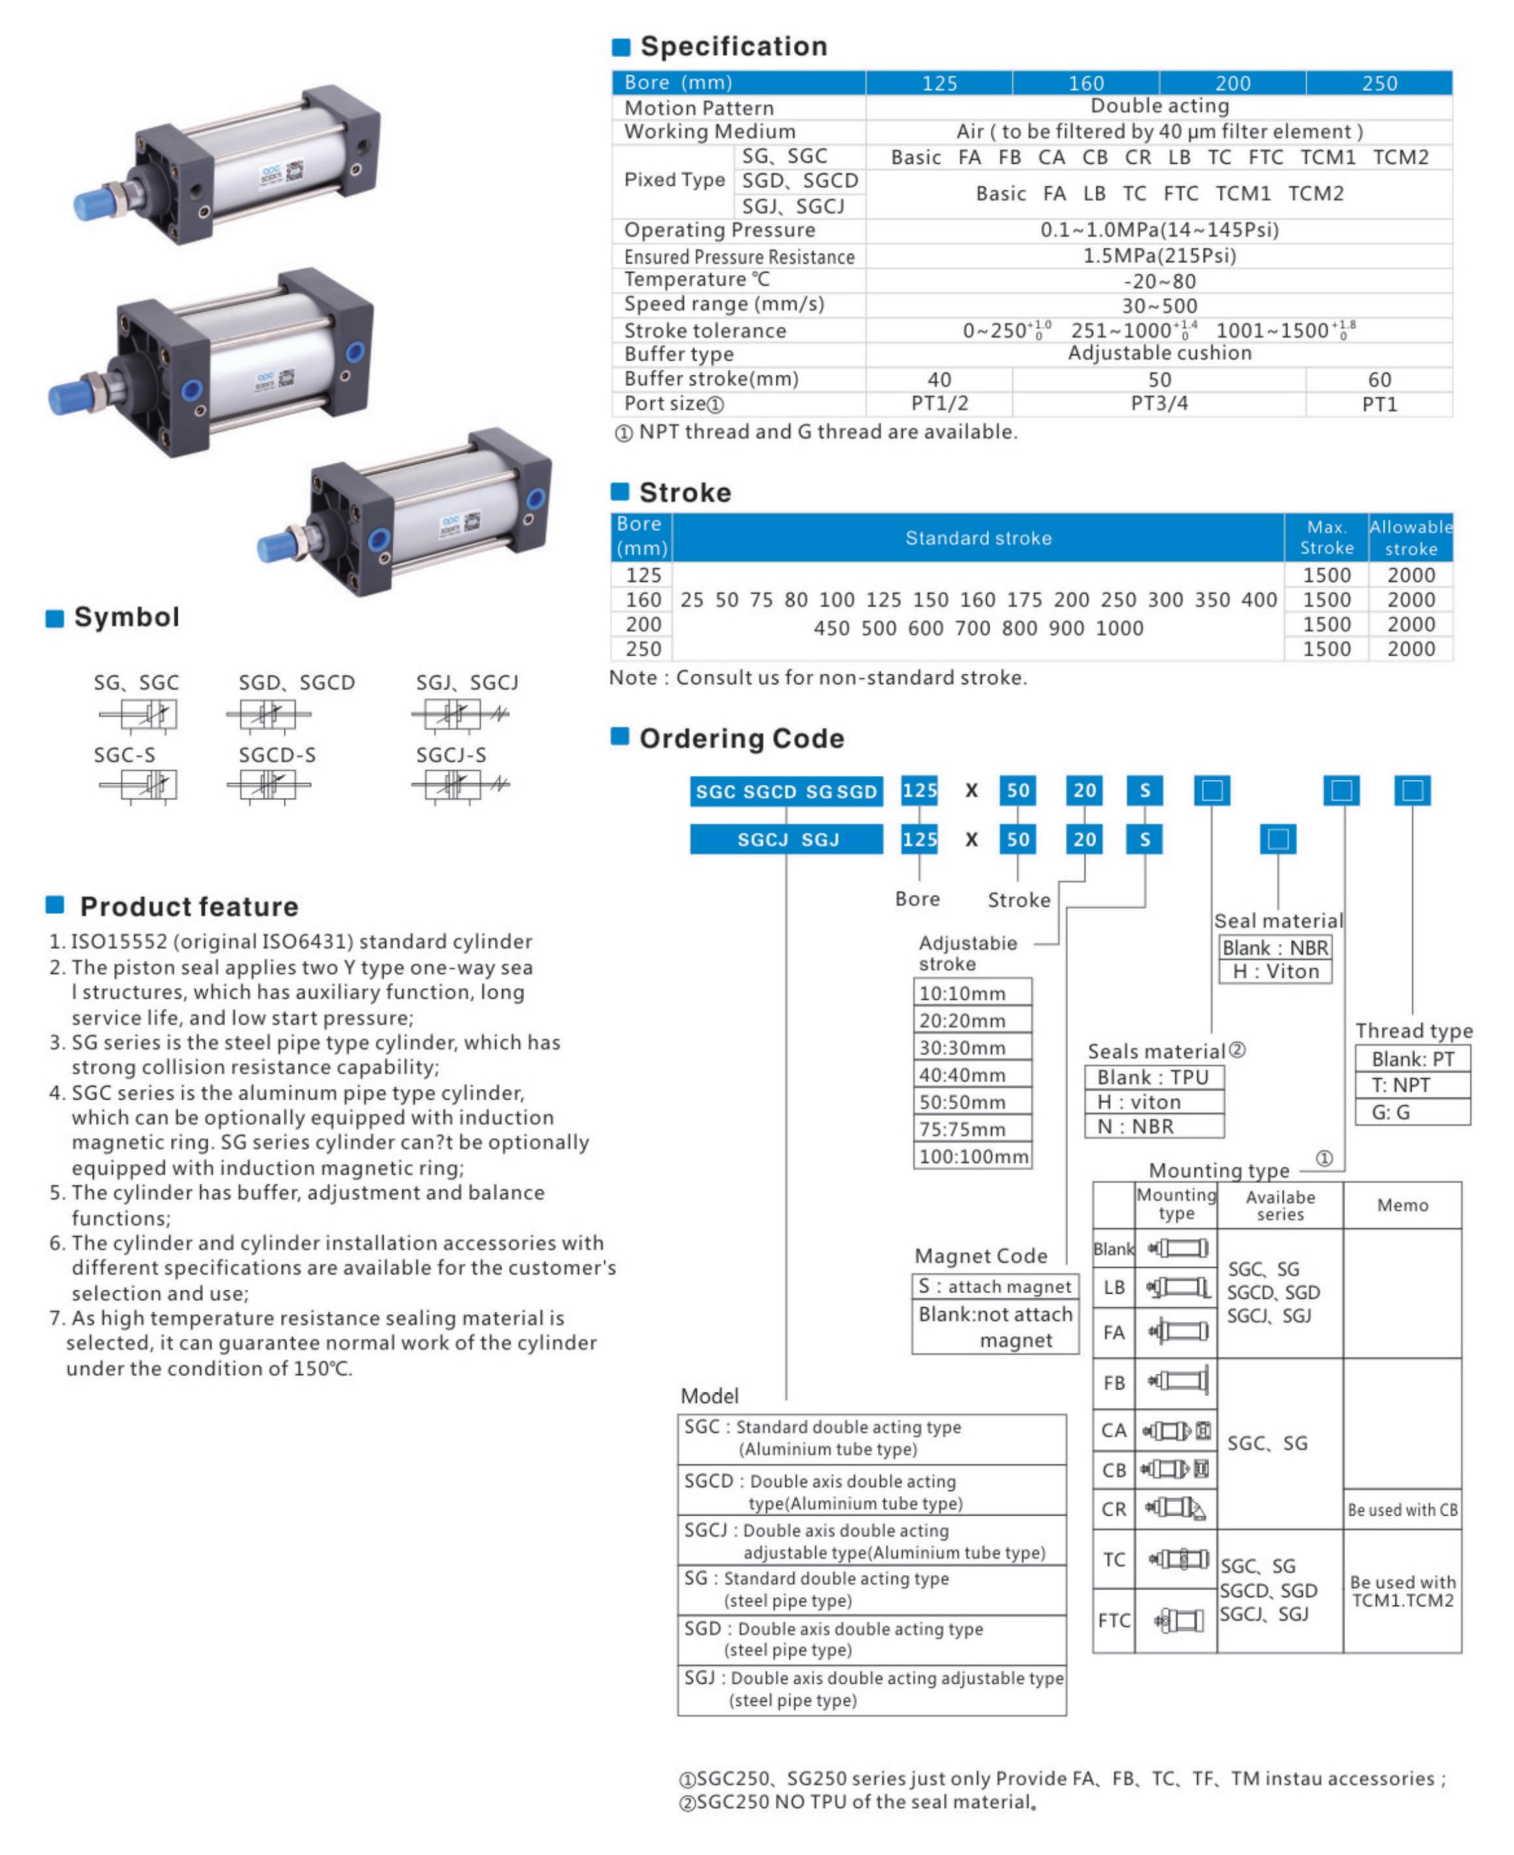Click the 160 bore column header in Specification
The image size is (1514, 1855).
click(x=1086, y=82)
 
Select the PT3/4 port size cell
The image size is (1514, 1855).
click(x=1159, y=403)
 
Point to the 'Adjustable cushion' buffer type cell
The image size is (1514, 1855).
click(x=1159, y=353)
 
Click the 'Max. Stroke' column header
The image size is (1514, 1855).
click(x=1326, y=537)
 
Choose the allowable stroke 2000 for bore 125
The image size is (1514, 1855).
click(x=1410, y=574)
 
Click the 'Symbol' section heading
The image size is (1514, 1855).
click(x=126, y=617)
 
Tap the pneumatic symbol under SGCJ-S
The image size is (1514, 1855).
click(x=459, y=785)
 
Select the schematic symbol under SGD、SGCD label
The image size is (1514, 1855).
click(x=269, y=715)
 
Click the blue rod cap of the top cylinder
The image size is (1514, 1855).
click(x=92, y=204)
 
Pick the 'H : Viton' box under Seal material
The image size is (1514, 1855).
click(x=1275, y=971)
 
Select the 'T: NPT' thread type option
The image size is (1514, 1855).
click(x=1412, y=1086)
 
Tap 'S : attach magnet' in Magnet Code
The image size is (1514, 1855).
click(x=994, y=1287)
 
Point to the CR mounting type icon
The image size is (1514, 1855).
click(x=1176, y=1509)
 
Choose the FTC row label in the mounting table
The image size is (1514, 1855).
click(x=1114, y=1620)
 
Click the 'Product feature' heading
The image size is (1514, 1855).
click(x=188, y=906)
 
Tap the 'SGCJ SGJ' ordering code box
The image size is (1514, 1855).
click(x=787, y=840)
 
